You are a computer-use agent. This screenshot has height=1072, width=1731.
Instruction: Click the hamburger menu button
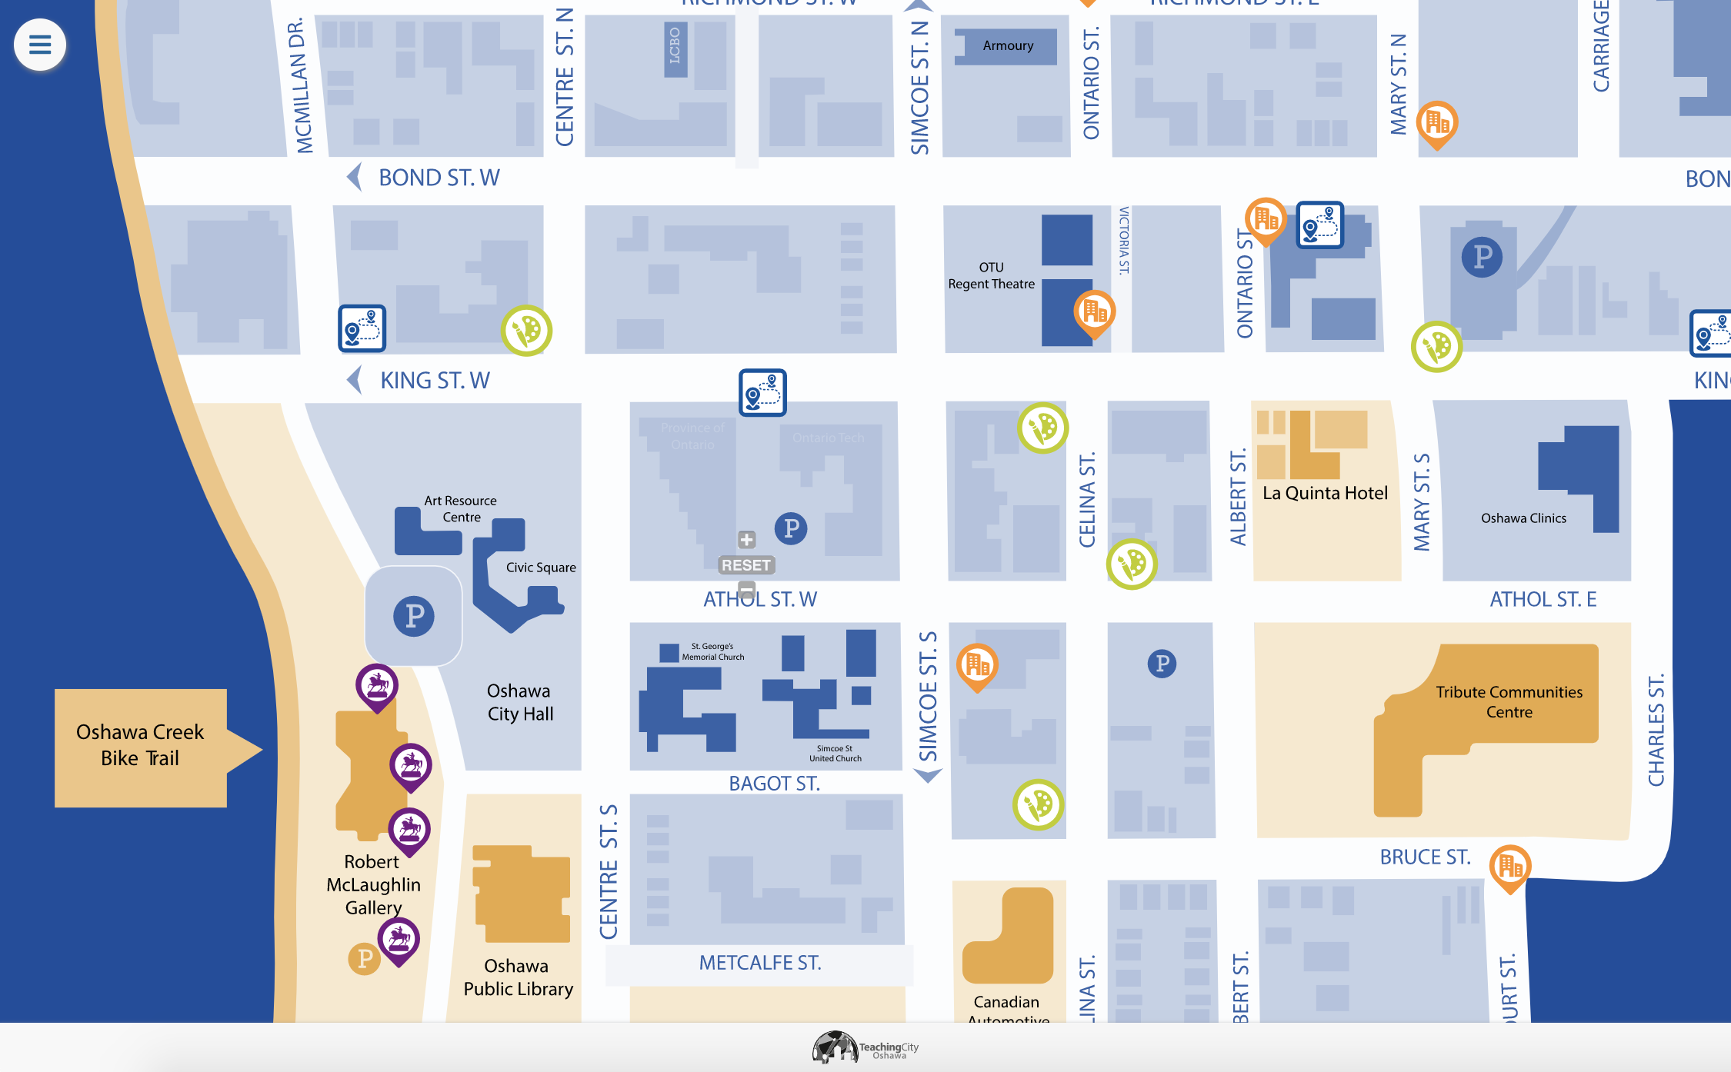[x=40, y=45]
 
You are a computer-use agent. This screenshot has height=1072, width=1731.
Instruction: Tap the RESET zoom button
[x=745, y=565]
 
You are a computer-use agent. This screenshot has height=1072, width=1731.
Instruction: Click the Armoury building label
[x=1007, y=46]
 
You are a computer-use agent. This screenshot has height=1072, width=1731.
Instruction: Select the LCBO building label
[x=675, y=46]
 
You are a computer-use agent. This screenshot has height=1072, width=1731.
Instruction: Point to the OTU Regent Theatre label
[x=991, y=276]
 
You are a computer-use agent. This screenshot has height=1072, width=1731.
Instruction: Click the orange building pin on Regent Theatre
[x=1094, y=311]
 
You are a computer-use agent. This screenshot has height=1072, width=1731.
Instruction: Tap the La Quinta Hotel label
[x=1325, y=493]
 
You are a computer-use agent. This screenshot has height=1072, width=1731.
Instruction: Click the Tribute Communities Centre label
[x=1509, y=701]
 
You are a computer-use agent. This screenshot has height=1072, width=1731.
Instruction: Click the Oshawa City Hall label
[x=520, y=702]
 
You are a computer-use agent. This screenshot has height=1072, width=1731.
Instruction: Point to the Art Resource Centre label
[x=460, y=509]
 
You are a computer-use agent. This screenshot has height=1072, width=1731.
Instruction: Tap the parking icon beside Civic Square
[x=414, y=615]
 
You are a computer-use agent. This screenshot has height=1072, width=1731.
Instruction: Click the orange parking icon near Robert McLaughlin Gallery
[x=365, y=958]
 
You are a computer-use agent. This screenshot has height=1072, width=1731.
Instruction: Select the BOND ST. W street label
[x=439, y=178]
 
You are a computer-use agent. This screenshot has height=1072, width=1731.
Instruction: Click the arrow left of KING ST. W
[x=354, y=380]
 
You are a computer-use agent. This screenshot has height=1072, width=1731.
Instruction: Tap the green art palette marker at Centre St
[x=527, y=331]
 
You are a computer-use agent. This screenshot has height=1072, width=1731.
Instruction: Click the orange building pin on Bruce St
[x=1509, y=867]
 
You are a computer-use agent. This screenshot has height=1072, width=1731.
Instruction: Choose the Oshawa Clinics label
[x=1523, y=518]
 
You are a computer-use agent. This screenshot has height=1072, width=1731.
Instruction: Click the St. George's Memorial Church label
[x=712, y=651]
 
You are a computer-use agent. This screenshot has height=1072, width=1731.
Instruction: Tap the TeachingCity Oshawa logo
[x=865, y=1047]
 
